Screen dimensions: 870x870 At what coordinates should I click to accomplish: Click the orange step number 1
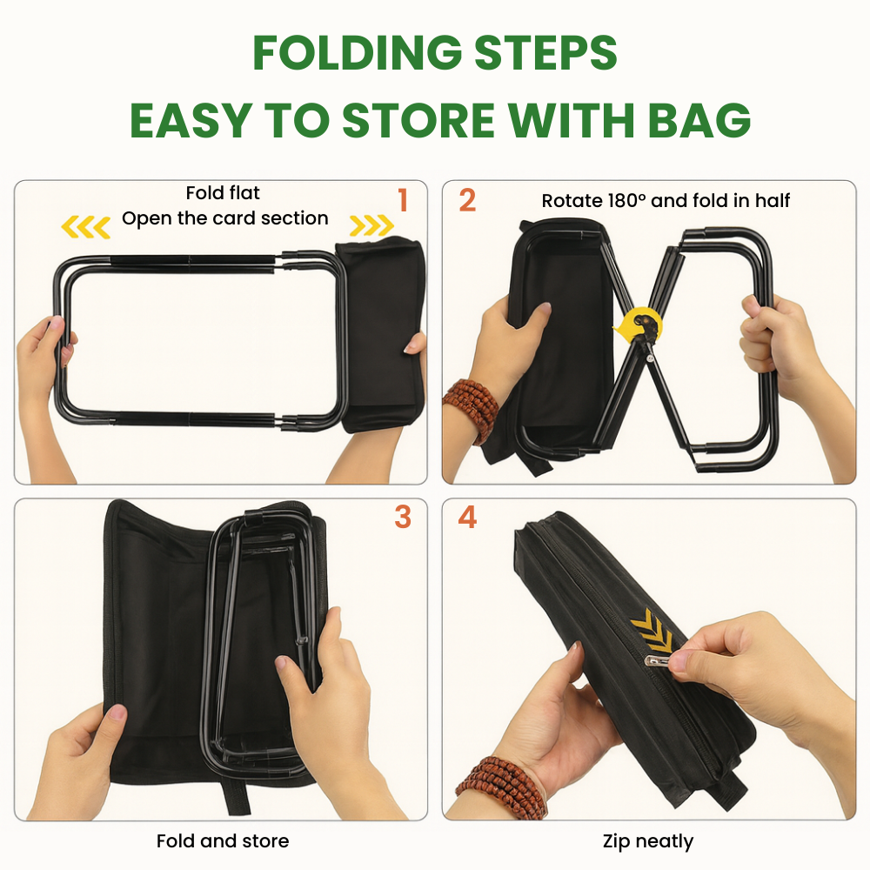coord(403,200)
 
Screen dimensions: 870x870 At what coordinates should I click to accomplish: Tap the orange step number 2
coord(467,200)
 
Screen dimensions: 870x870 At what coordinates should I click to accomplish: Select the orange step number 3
coord(403,516)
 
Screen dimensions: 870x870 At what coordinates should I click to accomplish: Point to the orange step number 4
coord(467,517)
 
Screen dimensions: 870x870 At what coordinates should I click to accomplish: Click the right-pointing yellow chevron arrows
coord(371,227)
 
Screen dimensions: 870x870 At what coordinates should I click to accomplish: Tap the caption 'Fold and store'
coord(223,841)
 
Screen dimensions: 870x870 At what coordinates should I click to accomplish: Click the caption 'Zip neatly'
coord(648,841)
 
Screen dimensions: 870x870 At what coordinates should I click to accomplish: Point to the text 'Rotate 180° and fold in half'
coord(666,201)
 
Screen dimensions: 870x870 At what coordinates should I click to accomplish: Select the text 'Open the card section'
coord(225,218)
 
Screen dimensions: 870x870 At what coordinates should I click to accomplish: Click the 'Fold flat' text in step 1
coord(223,192)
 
